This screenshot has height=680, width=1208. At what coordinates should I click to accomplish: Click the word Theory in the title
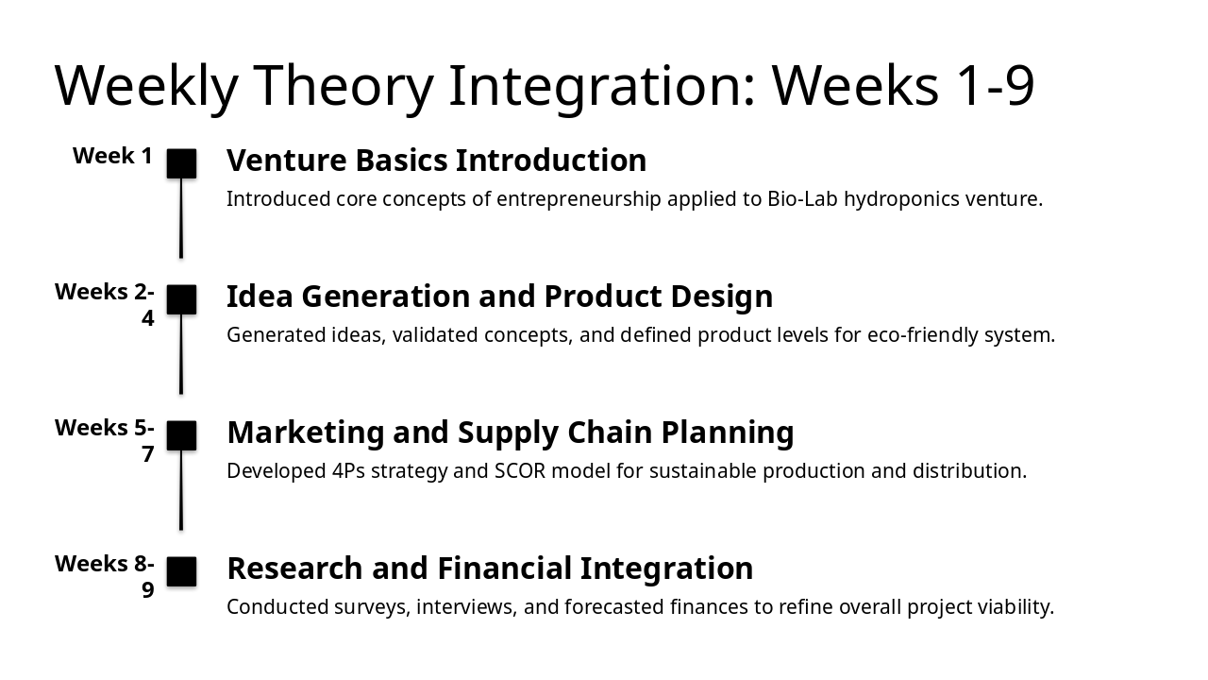pyautogui.click(x=343, y=87)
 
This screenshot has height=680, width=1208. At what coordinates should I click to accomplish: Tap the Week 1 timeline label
pyautogui.click(x=112, y=156)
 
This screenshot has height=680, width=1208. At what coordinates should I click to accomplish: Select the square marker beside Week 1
pyautogui.click(x=181, y=163)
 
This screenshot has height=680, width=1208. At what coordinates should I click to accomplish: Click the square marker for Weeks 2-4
pyautogui.click(x=181, y=299)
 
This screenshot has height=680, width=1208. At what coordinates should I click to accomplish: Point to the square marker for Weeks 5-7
pyautogui.click(x=181, y=435)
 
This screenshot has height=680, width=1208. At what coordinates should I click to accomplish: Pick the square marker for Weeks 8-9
pyautogui.click(x=181, y=571)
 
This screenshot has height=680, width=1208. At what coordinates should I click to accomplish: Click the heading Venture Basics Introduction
pyautogui.click(x=436, y=161)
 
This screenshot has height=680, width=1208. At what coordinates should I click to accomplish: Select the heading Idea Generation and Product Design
pyautogui.click(x=499, y=297)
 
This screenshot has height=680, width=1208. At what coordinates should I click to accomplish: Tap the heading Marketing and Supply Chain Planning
pyautogui.click(x=511, y=433)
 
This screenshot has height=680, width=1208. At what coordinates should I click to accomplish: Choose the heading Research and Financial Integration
pyautogui.click(x=490, y=569)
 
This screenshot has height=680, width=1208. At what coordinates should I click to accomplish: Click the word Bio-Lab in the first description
pyautogui.click(x=802, y=199)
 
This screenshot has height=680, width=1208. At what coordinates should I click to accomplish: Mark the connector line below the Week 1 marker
pyautogui.click(x=181, y=218)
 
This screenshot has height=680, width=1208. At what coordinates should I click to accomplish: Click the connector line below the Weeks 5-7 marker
pyautogui.click(x=181, y=490)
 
